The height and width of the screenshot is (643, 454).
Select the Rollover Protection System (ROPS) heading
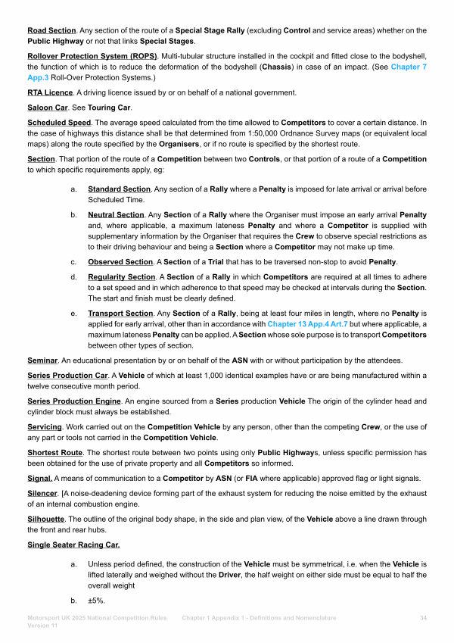pyautogui.click(x=92, y=57)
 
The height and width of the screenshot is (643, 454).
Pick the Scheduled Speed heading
pyautogui.click(x=58, y=122)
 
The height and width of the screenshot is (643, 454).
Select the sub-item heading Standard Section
pyautogui.click(x=121, y=189)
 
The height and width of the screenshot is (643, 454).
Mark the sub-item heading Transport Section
pyautogui.click(x=120, y=314)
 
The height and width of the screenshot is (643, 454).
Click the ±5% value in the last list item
pyautogui.click(x=96, y=601)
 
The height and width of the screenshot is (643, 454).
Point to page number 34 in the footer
pyautogui.click(x=423, y=619)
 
